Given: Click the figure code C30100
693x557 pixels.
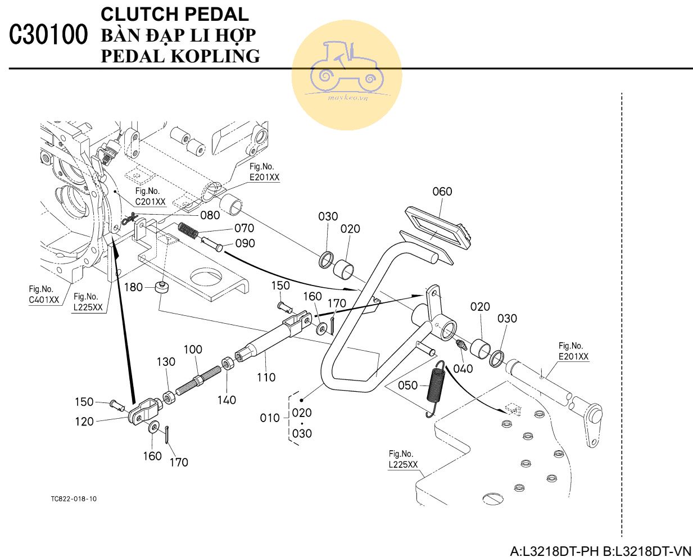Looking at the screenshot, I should [49, 35].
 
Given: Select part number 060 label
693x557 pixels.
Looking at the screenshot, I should [442, 192].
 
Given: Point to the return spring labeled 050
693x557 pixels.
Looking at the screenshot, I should [436, 388].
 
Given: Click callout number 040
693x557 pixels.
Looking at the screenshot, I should [463, 369].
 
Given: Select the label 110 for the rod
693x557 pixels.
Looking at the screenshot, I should [266, 377].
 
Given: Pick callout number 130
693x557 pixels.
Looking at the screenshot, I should [166, 362].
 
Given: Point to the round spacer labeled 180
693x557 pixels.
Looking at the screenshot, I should [162, 288].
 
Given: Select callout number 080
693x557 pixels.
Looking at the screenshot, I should [210, 215].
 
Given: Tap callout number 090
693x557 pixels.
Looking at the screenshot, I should [244, 243].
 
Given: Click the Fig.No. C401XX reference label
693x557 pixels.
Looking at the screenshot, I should [44, 295].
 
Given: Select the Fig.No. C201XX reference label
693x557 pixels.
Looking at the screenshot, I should [150, 197].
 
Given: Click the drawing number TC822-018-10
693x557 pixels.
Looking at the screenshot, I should [73, 499].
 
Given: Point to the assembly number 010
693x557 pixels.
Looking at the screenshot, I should [269, 418].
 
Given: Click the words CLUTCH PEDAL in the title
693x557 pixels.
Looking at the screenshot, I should [174, 14].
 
